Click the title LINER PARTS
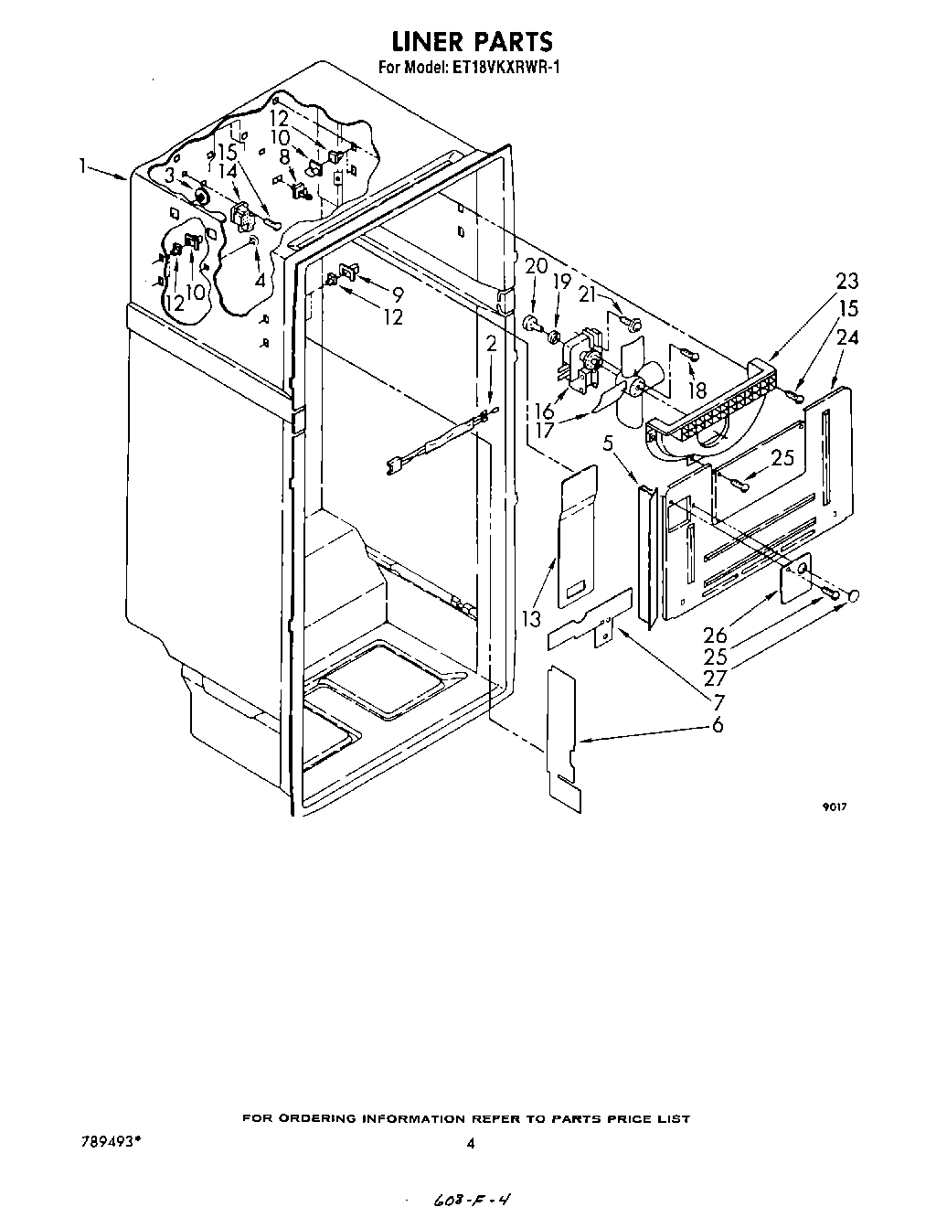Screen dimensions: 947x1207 pos(473,41)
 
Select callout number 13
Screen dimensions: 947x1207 pos(532,619)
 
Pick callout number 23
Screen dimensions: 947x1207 pos(846,282)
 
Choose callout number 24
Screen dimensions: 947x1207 pos(847,337)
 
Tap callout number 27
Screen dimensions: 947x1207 pos(716,678)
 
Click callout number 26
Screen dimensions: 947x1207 pos(716,634)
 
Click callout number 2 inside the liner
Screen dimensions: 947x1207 pos(491,344)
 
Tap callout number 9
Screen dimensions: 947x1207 pos(397,294)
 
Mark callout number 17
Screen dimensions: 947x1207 pos(545,429)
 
